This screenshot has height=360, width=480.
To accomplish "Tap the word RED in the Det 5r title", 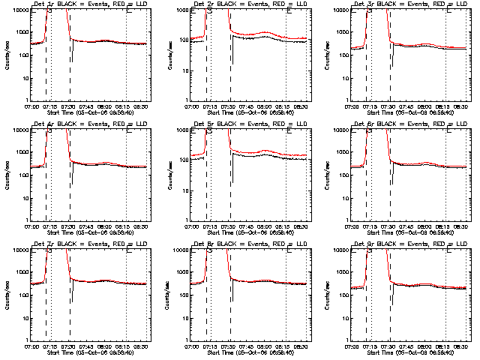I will [271, 124].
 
